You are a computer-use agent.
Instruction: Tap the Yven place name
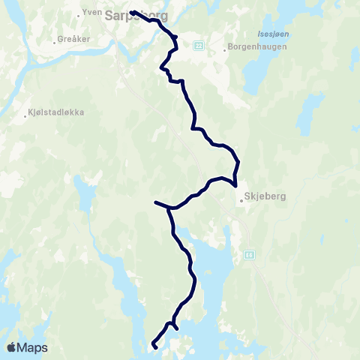pyautogui.click(x=93, y=13)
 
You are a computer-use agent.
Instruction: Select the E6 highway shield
pyautogui.click(x=247, y=255)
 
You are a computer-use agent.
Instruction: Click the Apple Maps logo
pyautogui.click(x=27, y=347)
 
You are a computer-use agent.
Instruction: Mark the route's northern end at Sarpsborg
pyautogui.click(x=131, y=12)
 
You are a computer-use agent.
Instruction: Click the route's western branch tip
pyautogui.click(x=155, y=202)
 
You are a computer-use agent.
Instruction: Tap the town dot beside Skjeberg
pyautogui.click(x=241, y=200)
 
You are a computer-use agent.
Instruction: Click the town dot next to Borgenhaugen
pyautogui.click(x=224, y=51)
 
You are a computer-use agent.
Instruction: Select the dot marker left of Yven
pyautogui.click(x=79, y=13)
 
